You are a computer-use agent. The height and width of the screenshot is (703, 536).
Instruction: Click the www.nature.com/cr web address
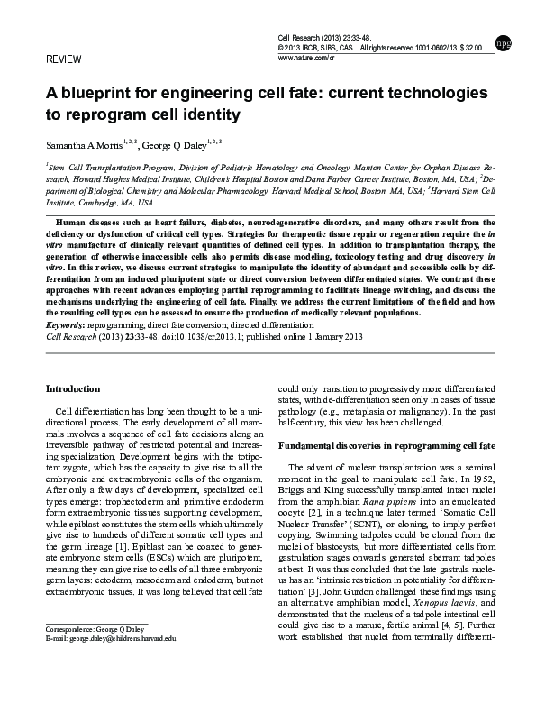pos(313,58)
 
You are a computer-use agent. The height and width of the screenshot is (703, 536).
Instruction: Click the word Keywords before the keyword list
pos(65,324)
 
